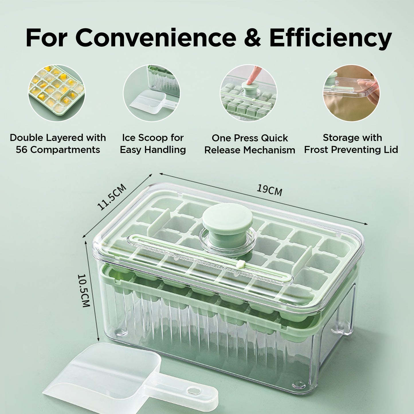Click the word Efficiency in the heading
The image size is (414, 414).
(x=330, y=38)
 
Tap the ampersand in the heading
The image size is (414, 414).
(x=252, y=38)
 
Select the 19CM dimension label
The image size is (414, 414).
(x=269, y=191)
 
